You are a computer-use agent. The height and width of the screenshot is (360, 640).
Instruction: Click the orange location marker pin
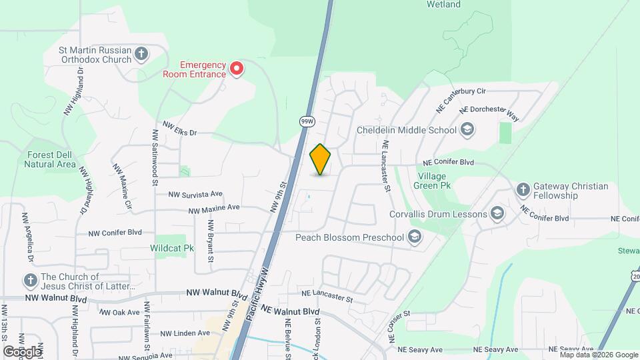click(321, 159)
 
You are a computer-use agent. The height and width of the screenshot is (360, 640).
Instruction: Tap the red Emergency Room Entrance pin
click(236, 68)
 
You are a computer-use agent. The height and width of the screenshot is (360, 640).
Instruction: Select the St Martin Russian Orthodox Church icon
click(141, 54)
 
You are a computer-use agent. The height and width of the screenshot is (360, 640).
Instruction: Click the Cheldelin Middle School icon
click(467, 129)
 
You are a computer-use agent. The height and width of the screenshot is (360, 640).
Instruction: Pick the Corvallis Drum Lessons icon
click(496, 214)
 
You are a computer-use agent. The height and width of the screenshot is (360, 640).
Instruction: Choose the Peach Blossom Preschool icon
click(415, 237)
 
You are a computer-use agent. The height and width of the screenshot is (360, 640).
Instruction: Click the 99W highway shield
click(306, 121)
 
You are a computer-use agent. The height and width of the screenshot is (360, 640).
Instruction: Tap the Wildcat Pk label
click(172, 248)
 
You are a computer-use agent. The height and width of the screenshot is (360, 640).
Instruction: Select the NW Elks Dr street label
click(181, 132)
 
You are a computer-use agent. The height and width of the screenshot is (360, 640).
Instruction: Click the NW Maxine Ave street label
click(213, 209)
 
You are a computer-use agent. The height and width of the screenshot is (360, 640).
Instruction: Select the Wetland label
click(443, 5)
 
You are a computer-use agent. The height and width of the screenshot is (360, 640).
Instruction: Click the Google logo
click(22, 351)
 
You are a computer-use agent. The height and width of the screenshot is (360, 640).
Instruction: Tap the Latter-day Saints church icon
click(29, 281)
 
